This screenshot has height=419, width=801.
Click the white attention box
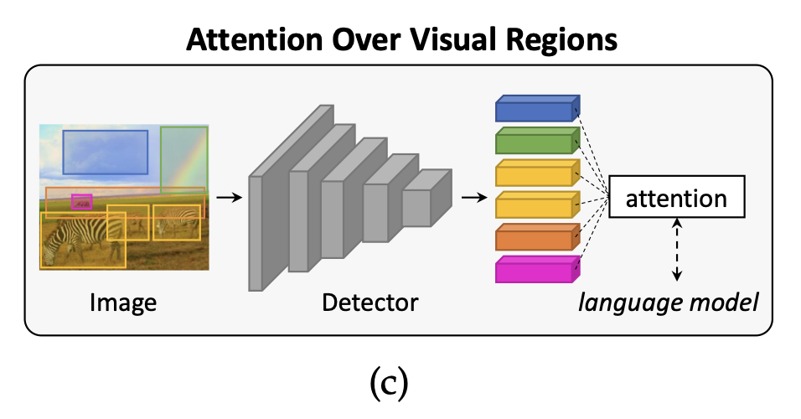point(676,199)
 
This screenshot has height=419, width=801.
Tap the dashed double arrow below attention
point(677,248)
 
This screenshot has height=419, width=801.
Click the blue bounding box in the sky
point(105,152)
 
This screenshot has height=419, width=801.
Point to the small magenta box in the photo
point(82,201)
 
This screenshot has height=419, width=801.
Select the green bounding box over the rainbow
point(183,159)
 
